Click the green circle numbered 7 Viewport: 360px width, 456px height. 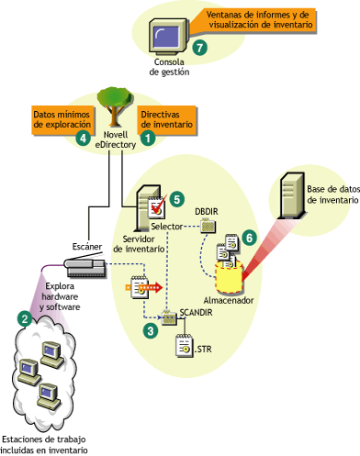200,46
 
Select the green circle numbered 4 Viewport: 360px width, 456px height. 84,139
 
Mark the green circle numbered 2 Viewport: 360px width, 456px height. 26,317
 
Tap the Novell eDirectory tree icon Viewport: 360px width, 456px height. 115,114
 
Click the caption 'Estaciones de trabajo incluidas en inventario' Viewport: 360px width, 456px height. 46,443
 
